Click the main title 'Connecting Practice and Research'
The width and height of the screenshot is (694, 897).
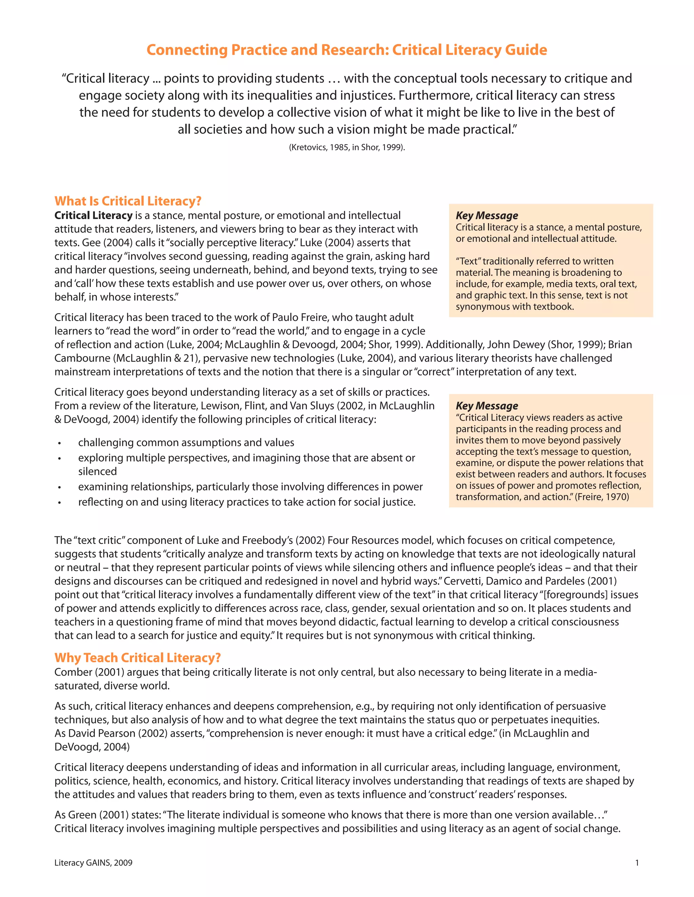(x=347, y=50)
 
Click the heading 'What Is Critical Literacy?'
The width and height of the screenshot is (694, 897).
(x=128, y=201)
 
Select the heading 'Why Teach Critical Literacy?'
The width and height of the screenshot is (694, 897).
(x=138, y=658)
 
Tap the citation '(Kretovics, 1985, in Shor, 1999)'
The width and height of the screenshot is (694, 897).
(x=347, y=148)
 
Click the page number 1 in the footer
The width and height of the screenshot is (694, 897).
(x=637, y=862)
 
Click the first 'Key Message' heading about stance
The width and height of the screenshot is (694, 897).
(x=487, y=215)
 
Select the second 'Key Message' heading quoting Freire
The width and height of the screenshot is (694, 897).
(x=487, y=406)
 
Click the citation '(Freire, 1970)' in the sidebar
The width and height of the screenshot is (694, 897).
(x=602, y=497)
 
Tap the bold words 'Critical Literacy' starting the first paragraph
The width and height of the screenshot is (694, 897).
(x=93, y=215)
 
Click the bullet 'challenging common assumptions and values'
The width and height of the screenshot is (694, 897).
(x=186, y=442)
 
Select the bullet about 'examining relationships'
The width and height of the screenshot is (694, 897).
(x=250, y=486)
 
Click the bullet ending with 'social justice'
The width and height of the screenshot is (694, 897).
(x=247, y=502)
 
